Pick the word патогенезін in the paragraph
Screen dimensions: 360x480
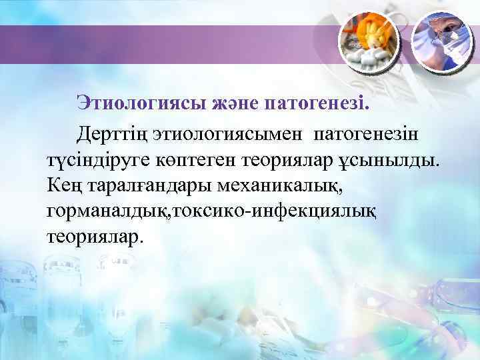click(x=366, y=134)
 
